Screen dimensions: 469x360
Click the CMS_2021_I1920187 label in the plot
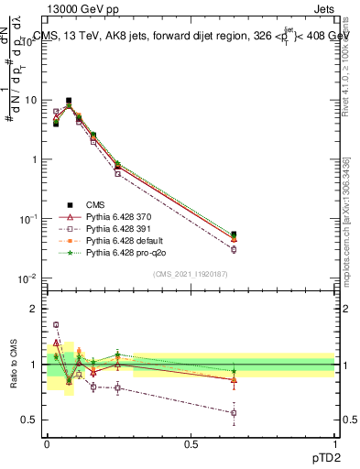coord(190,274)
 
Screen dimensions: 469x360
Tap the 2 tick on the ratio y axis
coord(34,309)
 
